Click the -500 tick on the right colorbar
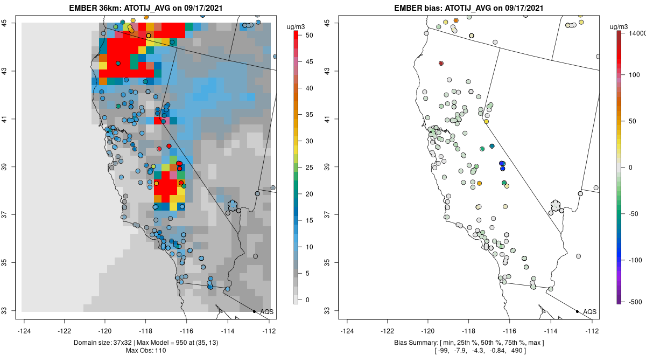(635, 301)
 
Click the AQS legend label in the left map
(266, 311)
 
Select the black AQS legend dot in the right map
(577, 311)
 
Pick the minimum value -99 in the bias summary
(444, 351)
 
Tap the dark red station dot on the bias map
(441, 63)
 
